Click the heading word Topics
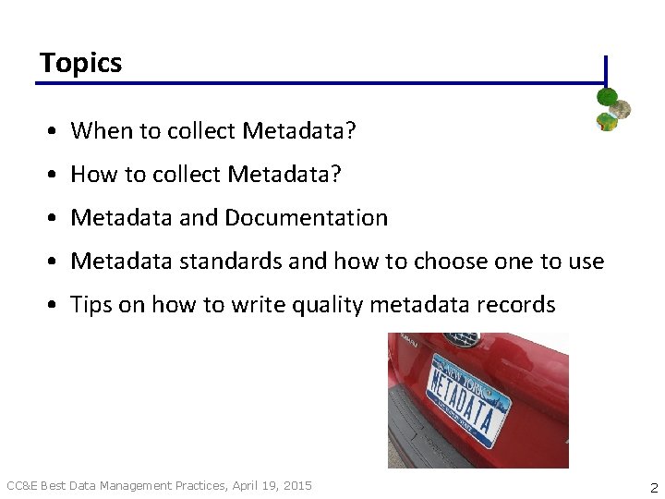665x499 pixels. (x=81, y=63)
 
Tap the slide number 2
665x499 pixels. (x=654, y=487)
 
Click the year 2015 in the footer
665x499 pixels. (x=297, y=485)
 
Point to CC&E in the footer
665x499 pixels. (x=22, y=485)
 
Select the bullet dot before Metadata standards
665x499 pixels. (x=56, y=262)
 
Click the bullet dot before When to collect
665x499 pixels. (x=56, y=132)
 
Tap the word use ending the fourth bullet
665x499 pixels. (x=585, y=262)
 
